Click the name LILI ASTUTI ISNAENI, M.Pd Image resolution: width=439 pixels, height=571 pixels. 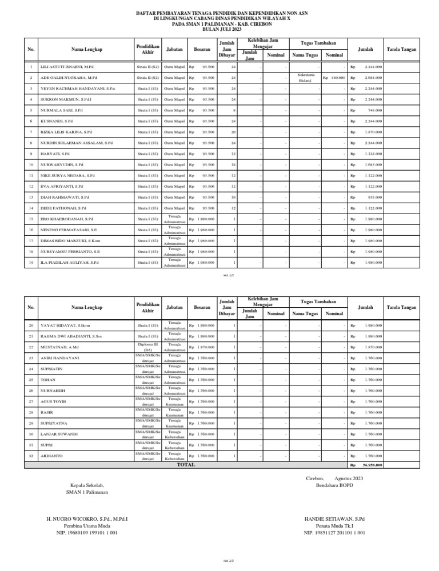tap(67, 67)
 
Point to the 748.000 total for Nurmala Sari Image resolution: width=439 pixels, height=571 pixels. tap(375, 110)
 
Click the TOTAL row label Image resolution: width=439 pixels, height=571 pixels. tap(186, 465)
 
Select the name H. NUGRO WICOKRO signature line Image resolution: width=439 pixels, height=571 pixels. tap(87, 519)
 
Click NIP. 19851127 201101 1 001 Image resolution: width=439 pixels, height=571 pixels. tap(334, 533)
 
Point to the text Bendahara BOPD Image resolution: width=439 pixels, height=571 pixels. tap(334, 485)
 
